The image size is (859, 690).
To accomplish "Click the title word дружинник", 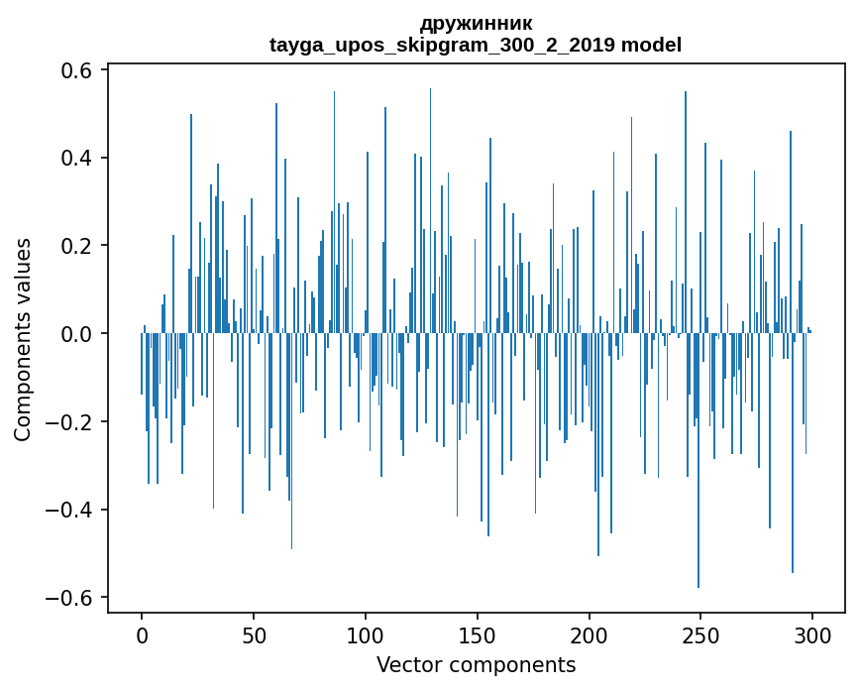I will pos(476,23).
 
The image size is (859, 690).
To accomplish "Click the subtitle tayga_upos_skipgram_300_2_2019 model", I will pos(476,45).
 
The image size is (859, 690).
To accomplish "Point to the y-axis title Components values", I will pos(22,339).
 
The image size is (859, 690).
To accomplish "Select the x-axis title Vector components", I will pos(476,664).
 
